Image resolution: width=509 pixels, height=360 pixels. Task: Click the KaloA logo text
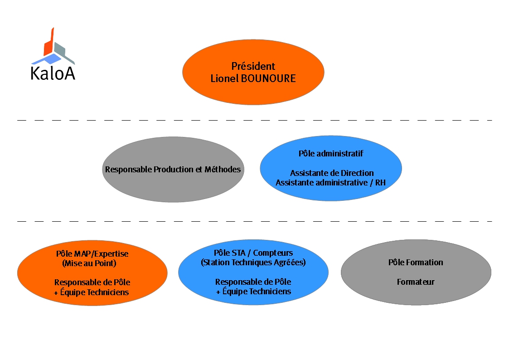[x=53, y=73]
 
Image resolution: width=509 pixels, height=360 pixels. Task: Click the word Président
[x=253, y=66]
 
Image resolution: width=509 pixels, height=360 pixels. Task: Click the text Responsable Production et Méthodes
[x=173, y=170]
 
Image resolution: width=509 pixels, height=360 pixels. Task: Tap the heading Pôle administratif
[x=331, y=153]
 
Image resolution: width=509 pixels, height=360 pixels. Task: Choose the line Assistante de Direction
[x=332, y=173]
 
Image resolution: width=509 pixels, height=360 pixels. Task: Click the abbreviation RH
[x=380, y=183]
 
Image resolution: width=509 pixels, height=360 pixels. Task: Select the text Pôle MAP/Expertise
[x=92, y=253]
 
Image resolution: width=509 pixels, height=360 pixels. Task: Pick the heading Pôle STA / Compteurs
[x=253, y=253]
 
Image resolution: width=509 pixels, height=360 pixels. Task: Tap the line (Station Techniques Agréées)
[x=253, y=262]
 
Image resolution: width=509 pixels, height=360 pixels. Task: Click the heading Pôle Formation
[x=416, y=262]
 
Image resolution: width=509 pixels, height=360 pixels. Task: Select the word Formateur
[x=416, y=282]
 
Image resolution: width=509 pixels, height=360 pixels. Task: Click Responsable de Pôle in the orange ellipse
[x=92, y=282]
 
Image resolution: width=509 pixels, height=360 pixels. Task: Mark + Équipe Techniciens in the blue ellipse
[x=253, y=292]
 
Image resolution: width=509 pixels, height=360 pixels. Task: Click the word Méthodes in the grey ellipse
[x=223, y=170]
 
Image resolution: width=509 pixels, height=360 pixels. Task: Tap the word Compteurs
[x=273, y=253]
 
